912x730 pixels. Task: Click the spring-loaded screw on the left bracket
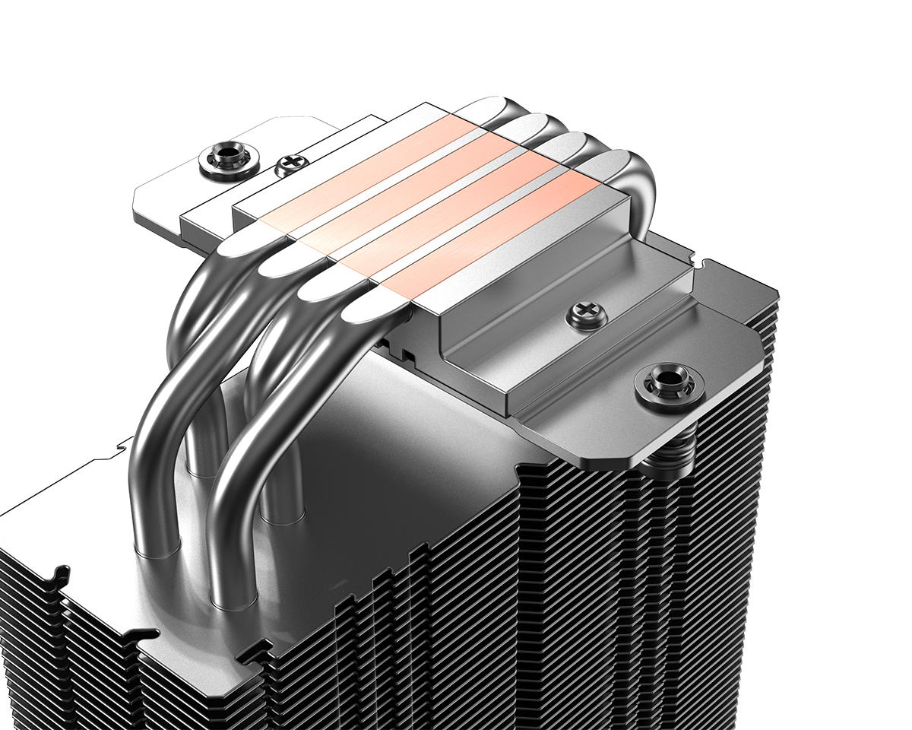229,160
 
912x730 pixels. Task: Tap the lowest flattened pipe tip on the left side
372,309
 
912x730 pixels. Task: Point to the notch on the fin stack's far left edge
57,578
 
